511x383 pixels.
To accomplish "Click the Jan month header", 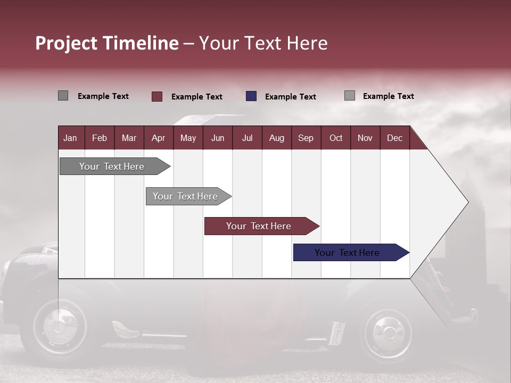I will (x=70, y=138).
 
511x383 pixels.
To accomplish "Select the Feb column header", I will (x=100, y=138).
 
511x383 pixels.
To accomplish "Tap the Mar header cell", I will (x=129, y=138).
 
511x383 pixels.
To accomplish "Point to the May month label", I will (x=188, y=138).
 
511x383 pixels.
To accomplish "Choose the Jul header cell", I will (x=247, y=138).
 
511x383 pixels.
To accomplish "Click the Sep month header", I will (x=306, y=138).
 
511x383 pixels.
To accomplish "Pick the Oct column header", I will (x=336, y=138).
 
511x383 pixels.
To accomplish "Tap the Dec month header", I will (x=394, y=138).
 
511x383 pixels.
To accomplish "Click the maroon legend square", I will (x=157, y=96).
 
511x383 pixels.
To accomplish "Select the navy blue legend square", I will (x=251, y=96).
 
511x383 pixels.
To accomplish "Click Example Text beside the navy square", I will (x=290, y=97).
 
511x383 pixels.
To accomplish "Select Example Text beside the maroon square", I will (x=196, y=97).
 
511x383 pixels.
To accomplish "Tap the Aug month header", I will (x=276, y=138).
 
